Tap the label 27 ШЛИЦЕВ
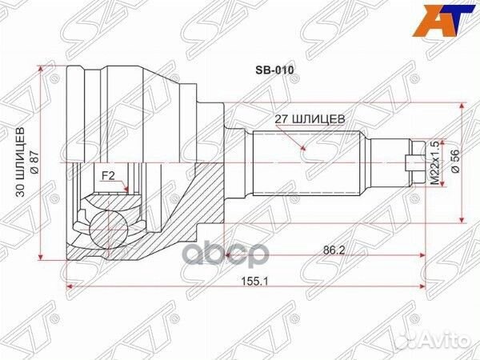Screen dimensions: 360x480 point(310,118)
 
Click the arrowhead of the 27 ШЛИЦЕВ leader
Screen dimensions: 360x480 point(305,149)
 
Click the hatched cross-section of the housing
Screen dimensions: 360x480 point(200,200)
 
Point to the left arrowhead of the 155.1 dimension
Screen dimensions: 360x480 point(71,282)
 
